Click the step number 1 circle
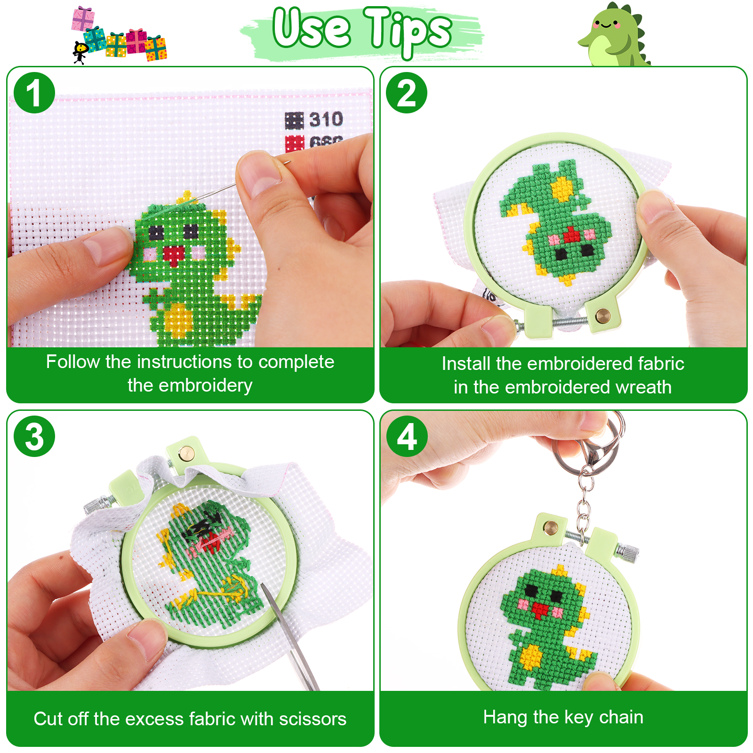pyautogui.click(x=34, y=93)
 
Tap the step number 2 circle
pyautogui.click(x=407, y=93)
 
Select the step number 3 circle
pyautogui.click(x=34, y=436)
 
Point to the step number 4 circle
pyautogui.click(x=407, y=436)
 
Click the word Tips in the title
pyautogui.click(x=408, y=31)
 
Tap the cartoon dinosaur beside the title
pyautogui.click(x=614, y=35)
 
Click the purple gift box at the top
pyautogui.click(x=83, y=19)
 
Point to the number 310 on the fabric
pyautogui.click(x=326, y=120)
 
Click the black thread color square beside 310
pyautogui.click(x=295, y=120)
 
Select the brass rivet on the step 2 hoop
pyautogui.click(x=602, y=316)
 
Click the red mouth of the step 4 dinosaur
pyautogui.click(x=539, y=610)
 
